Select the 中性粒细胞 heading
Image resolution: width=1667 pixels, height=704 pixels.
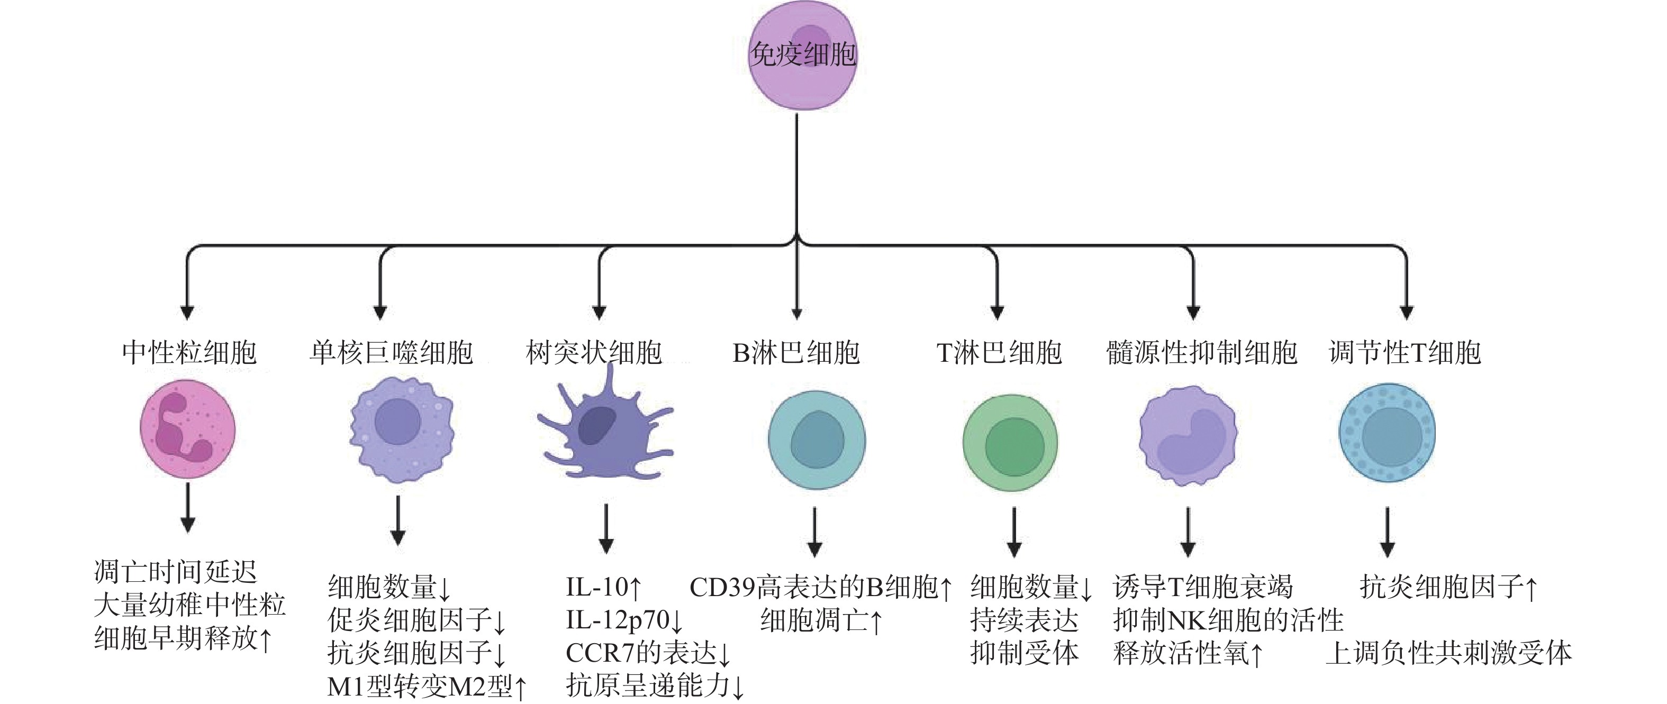click(x=189, y=353)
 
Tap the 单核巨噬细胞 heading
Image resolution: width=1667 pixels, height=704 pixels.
click(x=391, y=353)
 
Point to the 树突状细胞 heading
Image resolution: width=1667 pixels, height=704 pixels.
click(x=593, y=353)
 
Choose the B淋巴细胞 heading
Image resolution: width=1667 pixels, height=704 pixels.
click(x=796, y=353)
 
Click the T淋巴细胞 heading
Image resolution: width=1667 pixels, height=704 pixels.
click(x=999, y=353)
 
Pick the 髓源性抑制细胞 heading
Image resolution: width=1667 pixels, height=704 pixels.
click(x=1201, y=353)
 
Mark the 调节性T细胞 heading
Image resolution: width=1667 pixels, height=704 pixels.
click(x=1405, y=353)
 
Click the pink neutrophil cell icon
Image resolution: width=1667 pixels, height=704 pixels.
click(x=188, y=428)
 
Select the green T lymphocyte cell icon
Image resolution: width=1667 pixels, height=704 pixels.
click(x=1010, y=443)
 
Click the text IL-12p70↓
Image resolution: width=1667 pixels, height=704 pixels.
click(x=624, y=620)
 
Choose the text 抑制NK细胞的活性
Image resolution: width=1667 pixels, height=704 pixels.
click(x=1228, y=620)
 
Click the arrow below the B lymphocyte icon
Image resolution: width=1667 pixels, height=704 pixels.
click(x=815, y=532)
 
